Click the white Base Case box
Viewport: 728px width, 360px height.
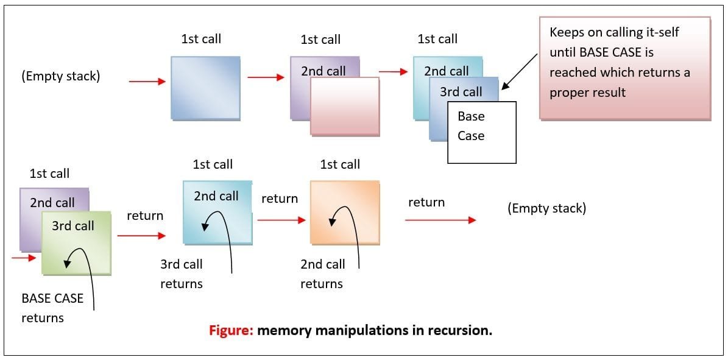click(482, 132)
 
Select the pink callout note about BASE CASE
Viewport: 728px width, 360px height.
click(624, 68)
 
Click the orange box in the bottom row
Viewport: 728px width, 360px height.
click(345, 213)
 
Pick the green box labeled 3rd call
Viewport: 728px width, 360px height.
click(76, 242)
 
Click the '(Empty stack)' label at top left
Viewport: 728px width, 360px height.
click(60, 77)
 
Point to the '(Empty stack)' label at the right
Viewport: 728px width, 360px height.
click(546, 208)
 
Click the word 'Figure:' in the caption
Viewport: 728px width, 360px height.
click(230, 331)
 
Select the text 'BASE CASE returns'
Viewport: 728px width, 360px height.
click(52, 308)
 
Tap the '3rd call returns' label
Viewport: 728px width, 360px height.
click(182, 274)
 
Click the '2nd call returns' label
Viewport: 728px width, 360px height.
click(322, 274)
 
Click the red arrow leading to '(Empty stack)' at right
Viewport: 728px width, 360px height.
click(440, 220)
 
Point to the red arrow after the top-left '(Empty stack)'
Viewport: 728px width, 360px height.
click(147, 81)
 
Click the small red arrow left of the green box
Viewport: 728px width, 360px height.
click(24, 258)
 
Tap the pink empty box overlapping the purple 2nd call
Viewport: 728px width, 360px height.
click(345, 107)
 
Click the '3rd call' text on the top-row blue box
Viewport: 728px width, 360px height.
click(461, 92)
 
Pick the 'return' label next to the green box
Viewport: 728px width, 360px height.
click(145, 216)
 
